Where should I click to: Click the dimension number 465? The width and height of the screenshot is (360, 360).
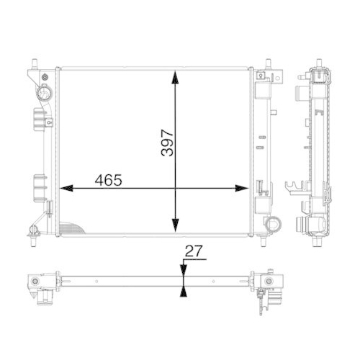[x=106, y=180]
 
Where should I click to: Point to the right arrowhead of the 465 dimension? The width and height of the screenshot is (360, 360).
[x=243, y=189]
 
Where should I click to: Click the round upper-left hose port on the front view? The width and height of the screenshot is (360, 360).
[x=44, y=93]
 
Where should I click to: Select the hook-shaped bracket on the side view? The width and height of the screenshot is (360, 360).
[x=294, y=189]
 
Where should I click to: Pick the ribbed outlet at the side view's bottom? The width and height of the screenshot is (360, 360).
[x=315, y=230]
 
